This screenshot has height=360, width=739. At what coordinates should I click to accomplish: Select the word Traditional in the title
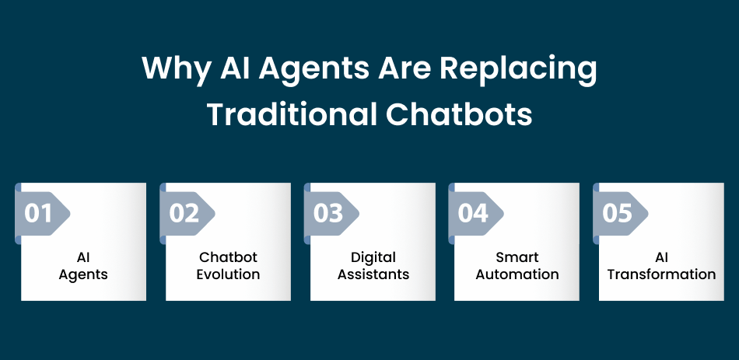pyautogui.click(x=291, y=114)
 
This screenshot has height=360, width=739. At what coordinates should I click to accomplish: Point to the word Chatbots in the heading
pyautogui.click(x=459, y=114)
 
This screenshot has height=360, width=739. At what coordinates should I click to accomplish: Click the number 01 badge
pyautogui.click(x=43, y=214)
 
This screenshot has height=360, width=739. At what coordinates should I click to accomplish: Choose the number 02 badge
pyautogui.click(x=187, y=214)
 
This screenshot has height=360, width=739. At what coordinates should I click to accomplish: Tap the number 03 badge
pyautogui.click(x=332, y=214)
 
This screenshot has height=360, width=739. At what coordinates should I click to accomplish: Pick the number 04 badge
pyautogui.click(x=476, y=214)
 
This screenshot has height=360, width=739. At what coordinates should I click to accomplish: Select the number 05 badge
pyautogui.click(x=621, y=214)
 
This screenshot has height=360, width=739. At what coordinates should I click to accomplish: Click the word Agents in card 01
pyautogui.click(x=83, y=274)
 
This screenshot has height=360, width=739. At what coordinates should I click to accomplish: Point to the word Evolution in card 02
pyautogui.click(x=228, y=274)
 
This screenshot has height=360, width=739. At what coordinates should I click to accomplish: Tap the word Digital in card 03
pyautogui.click(x=373, y=257)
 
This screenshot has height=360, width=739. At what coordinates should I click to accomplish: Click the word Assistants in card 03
pyautogui.click(x=373, y=274)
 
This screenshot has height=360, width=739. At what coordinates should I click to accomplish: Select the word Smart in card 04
pyautogui.click(x=517, y=257)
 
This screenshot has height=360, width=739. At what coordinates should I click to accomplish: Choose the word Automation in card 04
pyautogui.click(x=517, y=274)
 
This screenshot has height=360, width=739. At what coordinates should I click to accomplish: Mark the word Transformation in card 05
pyautogui.click(x=662, y=274)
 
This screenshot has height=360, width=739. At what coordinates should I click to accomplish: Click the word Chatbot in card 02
pyautogui.click(x=228, y=257)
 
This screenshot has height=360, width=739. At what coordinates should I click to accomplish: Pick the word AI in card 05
pyautogui.click(x=662, y=257)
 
